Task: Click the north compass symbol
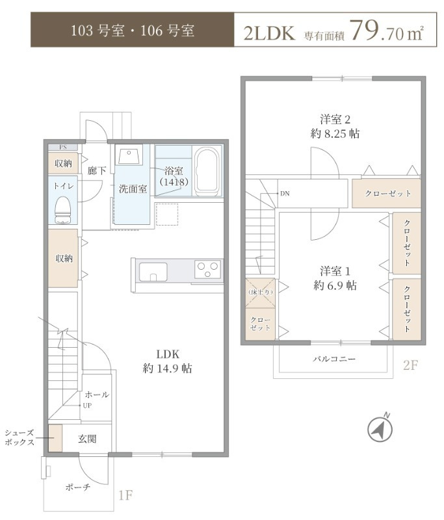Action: (x=380, y=429)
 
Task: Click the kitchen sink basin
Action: (x=153, y=271)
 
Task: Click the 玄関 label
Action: (x=88, y=439)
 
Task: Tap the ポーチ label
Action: (x=78, y=487)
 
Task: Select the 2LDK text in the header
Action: (x=270, y=32)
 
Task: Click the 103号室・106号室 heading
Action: (x=133, y=31)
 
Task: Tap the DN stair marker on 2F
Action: (x=285, y=194)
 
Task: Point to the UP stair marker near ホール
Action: (x=86, y=405)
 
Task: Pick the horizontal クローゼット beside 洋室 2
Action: (x=387, y=194)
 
